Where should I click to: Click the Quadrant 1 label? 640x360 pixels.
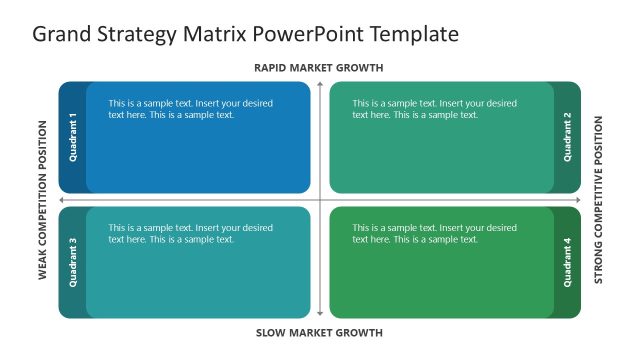[73, 137]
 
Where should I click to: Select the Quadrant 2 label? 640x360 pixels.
[567, 137]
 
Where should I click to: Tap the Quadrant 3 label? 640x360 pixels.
[73, 262]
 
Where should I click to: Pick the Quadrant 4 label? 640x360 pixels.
[567, 262]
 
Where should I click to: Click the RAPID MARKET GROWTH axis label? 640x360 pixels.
[319, 68]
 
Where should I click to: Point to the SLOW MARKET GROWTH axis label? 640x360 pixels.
[319, 332]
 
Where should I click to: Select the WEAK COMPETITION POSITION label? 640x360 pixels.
[43, 200]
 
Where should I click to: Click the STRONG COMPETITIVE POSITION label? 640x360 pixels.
[598, 200]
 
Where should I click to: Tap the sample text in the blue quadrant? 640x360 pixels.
[190, 109]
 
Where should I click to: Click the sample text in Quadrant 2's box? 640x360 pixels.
[434, 109]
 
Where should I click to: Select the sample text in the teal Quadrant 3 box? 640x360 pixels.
[190, 233]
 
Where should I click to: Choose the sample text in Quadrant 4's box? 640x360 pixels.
[434, 233]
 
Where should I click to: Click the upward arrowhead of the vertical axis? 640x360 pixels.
[320, 85]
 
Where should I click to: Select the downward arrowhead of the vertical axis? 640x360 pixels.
[320, 315]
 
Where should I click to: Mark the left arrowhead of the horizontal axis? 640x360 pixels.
[63, 200]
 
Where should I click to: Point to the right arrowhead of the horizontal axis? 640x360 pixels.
[577, 200]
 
